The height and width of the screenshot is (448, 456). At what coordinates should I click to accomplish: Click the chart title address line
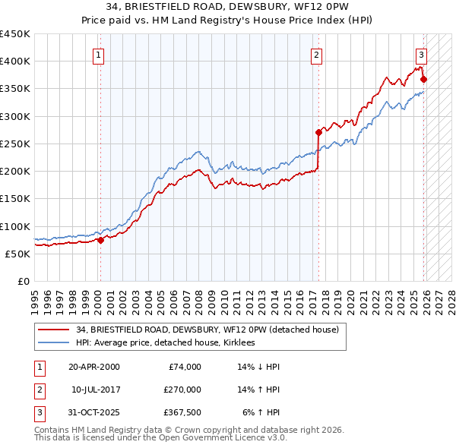[x=227, y=7]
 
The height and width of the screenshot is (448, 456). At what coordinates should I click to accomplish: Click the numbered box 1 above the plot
[x=100, y=54]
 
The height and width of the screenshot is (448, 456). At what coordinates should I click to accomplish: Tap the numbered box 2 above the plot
[x=316, y=54]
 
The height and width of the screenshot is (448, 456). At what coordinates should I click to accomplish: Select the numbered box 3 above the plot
[x=421, y=54]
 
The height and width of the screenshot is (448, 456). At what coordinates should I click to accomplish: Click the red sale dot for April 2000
[x=100, y=241]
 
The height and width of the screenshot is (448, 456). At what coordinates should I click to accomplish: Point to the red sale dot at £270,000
[x=318, y=132]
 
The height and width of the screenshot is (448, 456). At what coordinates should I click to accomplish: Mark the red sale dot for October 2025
[x=424, y=79]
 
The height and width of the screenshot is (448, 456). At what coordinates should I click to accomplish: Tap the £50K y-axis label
[x=18, y=254]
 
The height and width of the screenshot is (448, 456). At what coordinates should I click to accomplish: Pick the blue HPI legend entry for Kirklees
[x=167, y=343]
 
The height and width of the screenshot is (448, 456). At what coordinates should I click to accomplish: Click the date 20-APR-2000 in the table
[x=93, y=367]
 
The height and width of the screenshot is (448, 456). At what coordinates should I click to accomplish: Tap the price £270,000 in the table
[x=182, y=390]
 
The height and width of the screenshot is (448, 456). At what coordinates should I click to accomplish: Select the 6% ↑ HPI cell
[x=260, y=412]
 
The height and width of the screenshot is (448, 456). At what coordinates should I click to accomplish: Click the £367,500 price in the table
[x=182, y=412]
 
